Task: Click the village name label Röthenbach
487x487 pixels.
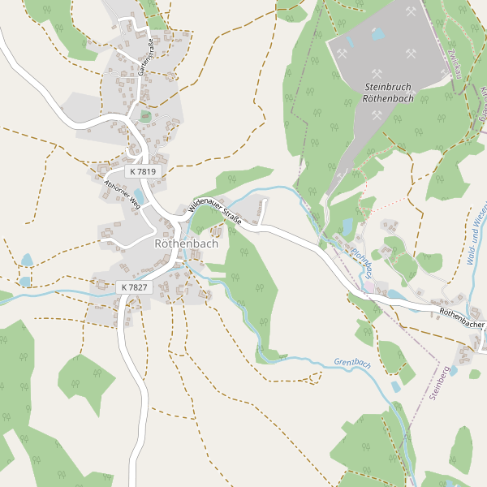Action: (185, 243)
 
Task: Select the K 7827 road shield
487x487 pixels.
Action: (135, 287)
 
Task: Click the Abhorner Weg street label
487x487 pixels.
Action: (122, 194)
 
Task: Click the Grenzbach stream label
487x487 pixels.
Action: (351, 364)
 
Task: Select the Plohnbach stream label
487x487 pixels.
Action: (362, 260)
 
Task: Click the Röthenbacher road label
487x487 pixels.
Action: (462, 317)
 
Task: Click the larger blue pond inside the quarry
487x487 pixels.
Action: (378, 34)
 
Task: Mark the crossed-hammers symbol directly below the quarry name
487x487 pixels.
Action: (377, 115)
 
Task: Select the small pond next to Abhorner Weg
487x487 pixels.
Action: (138, 196)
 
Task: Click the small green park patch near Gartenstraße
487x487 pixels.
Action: (145, 116)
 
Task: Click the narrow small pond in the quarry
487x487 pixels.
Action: (350, 41)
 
